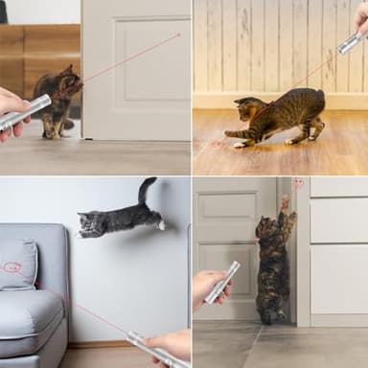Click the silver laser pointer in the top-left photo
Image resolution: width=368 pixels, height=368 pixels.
[27, 112]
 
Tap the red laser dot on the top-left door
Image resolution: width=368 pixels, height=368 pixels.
[179, 35]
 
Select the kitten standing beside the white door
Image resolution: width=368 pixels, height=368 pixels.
[57, 101]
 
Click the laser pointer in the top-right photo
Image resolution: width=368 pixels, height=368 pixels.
[352, 41]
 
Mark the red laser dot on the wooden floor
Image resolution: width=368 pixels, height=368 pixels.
[218, 143]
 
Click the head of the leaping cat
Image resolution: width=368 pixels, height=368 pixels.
[90, 224]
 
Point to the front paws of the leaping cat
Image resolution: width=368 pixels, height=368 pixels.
[160, 225]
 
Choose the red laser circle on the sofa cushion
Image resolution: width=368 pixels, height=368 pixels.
[11, 267]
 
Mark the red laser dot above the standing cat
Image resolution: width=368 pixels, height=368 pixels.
[298, 182]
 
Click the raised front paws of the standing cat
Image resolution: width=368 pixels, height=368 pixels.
[285, 202]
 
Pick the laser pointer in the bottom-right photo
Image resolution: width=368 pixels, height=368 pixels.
[222, 282]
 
